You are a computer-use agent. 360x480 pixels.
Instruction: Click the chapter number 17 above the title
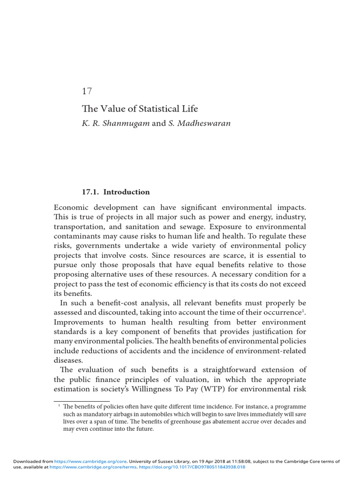(x=87, y=91)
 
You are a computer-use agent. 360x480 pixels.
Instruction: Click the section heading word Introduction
(x=127, y=192)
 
